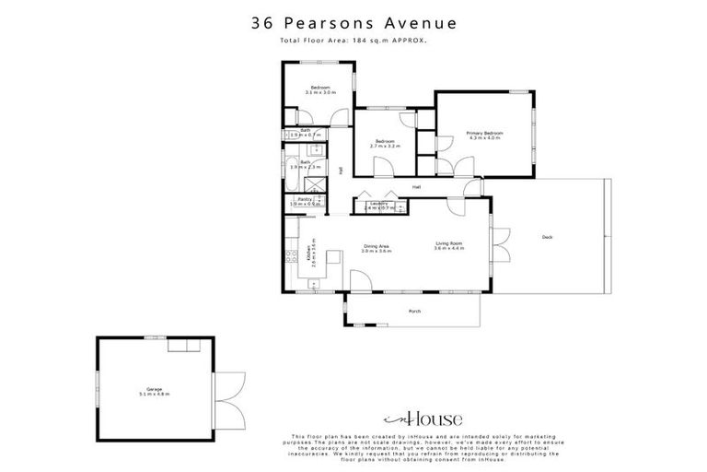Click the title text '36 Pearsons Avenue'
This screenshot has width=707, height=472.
[x=353, y=24]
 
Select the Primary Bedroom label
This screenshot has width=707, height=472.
[x=482, y=136]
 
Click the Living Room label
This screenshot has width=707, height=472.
[x=448, y=246]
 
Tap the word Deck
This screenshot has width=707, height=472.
[x=547, y=237]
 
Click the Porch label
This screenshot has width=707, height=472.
[x=414, y=312]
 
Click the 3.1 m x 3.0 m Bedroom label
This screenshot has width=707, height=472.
[x=319, y=89]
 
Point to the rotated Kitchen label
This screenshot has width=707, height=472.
[x=309, y=252]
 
